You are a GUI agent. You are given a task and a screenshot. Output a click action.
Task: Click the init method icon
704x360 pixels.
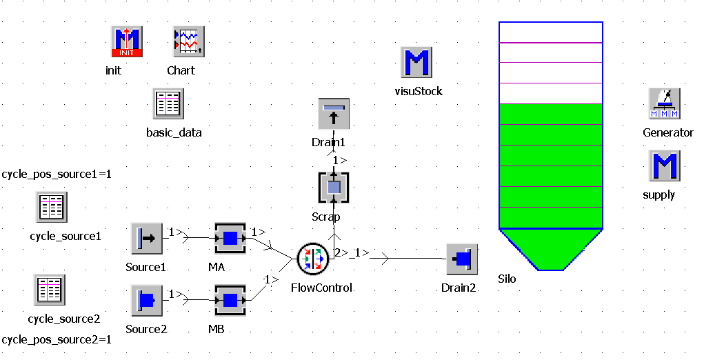127,42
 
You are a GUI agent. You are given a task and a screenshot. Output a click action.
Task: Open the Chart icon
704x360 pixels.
188,42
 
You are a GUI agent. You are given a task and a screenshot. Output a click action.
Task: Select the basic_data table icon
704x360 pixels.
168,104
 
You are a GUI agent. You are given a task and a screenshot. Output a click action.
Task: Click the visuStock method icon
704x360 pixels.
417,63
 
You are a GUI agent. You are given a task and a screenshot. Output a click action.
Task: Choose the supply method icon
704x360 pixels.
665,166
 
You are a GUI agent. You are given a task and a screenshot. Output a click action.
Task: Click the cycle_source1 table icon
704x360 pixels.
52,207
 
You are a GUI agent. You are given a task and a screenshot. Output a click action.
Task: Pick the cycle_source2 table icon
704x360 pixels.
50,290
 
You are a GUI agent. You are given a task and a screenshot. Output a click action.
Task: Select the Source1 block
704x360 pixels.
146,239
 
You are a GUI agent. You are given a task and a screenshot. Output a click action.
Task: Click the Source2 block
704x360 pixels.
146,301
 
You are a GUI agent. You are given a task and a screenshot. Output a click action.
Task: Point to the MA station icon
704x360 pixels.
230,239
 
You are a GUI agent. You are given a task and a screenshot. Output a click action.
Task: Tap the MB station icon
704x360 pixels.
230,301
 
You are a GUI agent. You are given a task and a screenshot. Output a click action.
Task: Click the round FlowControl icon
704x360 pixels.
313,259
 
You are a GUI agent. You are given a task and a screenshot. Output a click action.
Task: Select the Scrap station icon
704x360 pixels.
334,187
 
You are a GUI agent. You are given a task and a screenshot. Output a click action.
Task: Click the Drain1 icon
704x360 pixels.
334,114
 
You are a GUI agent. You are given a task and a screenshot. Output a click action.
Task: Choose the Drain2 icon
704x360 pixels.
461,259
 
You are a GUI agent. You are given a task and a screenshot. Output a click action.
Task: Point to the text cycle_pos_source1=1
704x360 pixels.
57,174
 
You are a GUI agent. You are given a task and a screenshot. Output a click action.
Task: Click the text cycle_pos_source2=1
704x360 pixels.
57,340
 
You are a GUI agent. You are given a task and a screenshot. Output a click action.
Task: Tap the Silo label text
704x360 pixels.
507,279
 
